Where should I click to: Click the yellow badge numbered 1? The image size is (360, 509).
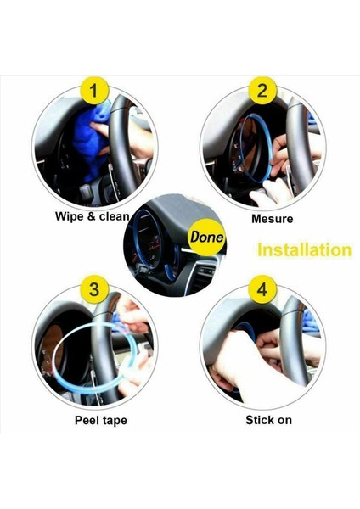click(94, 91)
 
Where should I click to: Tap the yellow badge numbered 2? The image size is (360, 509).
click(262, 91)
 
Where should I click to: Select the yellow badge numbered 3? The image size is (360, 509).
click(94, 289)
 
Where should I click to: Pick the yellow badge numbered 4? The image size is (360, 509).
click(262, 289)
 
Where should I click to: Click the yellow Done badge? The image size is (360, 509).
click(207, 237)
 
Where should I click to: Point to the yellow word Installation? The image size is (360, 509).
click(305, 250)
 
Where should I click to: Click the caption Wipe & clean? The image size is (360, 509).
click(93, 216)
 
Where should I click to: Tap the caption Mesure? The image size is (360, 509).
click(273, 219)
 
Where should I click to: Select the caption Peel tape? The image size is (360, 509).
click(101, 421)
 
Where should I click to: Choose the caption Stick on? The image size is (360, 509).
click(268, 420)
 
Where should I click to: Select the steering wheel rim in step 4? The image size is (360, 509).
click(292, 344)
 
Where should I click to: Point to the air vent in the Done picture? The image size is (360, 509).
click(203, 271)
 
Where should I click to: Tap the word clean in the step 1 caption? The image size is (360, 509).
click(115, 216)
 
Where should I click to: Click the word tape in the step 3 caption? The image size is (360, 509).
click(115, 421)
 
